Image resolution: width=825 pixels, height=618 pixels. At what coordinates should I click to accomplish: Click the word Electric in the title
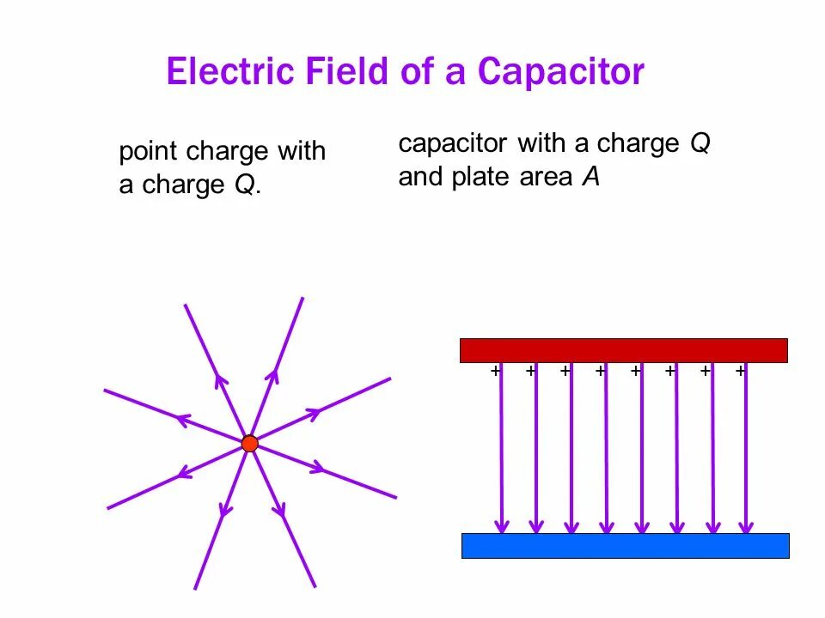[231, 71]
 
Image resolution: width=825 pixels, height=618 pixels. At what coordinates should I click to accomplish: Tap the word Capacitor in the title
[561, 71]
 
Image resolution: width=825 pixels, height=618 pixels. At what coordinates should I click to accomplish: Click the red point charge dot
[249, 444]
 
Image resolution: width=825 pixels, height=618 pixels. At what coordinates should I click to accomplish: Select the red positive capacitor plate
[624, 350]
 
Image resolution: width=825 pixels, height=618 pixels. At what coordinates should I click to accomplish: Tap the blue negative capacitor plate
[625, 546]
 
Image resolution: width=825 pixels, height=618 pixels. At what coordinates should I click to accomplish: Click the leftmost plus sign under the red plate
[495, 371]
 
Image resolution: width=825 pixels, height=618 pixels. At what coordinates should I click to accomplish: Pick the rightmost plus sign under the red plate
[741, 371]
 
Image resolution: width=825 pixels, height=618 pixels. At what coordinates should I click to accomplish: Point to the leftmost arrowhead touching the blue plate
[502, 525]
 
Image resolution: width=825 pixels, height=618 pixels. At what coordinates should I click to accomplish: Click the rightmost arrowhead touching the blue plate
[746, 525]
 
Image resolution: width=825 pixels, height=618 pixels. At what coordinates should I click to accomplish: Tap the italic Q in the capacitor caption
[700, 143]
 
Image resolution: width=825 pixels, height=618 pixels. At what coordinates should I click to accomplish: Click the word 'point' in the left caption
[148, 153]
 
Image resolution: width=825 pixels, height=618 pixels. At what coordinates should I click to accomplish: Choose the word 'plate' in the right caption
[481, 178]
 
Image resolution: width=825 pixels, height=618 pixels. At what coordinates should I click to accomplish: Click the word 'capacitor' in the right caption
[452, 143]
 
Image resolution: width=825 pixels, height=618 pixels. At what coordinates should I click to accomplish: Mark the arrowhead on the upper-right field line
[314, 414]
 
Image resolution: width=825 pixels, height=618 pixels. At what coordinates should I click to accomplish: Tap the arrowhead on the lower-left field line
[183, 471]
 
